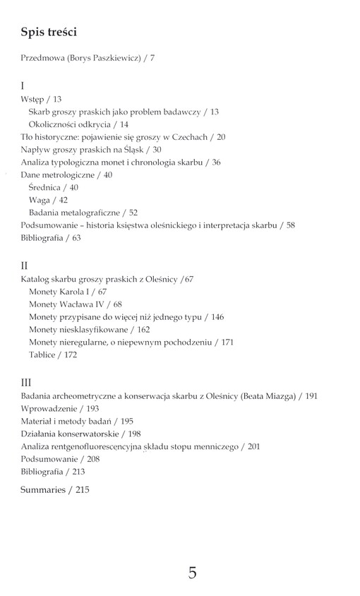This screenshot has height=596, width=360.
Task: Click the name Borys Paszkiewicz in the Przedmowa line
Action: [x=104, y=58]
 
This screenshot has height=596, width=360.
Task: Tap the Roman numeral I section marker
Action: [x=23, y=85]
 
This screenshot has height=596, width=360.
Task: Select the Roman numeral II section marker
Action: [x=25, y=266]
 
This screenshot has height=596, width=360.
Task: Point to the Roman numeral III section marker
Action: [x=27, y=382]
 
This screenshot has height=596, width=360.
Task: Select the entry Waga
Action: [x=41, y=201]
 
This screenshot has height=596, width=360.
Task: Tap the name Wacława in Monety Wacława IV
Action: [x=78, y=304]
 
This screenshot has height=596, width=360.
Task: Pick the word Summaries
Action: [x=43, y=489]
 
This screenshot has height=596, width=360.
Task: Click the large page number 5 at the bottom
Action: [x=192, y=573]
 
